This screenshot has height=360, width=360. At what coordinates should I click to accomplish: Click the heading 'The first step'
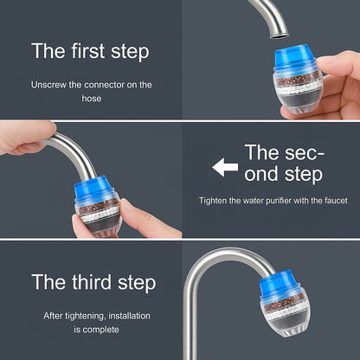coord(90,50)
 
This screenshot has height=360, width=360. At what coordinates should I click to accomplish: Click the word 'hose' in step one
coord(92,98)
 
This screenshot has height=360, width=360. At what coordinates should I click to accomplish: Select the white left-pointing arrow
coord(225,166)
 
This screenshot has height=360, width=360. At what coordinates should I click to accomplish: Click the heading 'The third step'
coord(93,282)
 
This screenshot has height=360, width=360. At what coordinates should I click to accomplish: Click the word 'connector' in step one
coord(103,85)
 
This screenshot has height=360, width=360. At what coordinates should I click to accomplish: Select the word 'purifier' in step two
coord(280,201)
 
